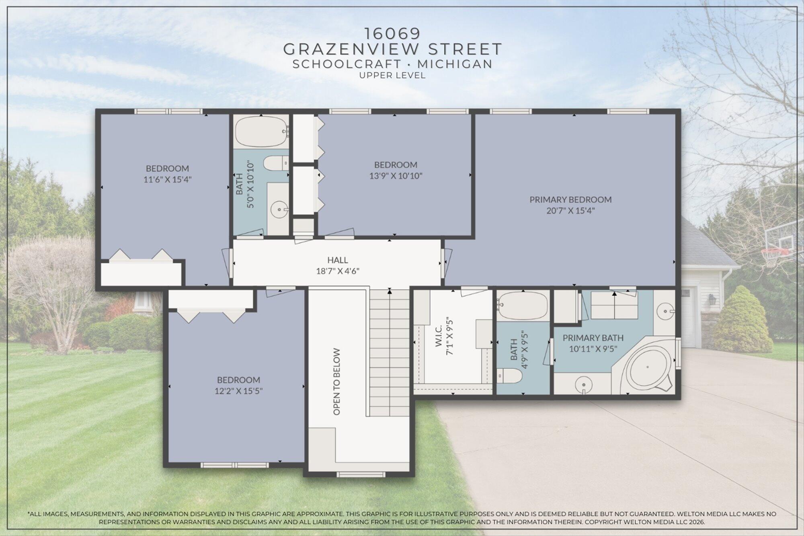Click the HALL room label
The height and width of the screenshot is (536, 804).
[x=337, y=260]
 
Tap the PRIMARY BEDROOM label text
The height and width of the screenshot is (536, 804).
[x=570, y=199]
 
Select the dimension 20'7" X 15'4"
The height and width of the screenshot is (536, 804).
[x=570, y=211]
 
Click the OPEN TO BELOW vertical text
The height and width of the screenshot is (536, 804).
[x=337, y=381]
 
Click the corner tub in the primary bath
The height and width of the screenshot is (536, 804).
[x=648, y=367]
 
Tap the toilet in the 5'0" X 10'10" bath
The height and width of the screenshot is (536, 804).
[x=275, y=164]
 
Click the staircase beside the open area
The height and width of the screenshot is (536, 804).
[x=389, y=354]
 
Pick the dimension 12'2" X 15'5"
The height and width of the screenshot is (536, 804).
[x=238, y=391]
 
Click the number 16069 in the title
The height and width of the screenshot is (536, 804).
[x=392, y=32]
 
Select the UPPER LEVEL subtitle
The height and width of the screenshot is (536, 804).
[x=392, y=76]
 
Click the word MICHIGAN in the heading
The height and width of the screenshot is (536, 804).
[x=455, y=64]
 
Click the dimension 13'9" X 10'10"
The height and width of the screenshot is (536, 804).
[x=396, y=176]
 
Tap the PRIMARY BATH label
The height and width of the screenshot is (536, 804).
[x=593, y=338]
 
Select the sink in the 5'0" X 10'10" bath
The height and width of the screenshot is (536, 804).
[x=278, y=209]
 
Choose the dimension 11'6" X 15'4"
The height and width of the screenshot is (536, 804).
[x=167, y=179]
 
